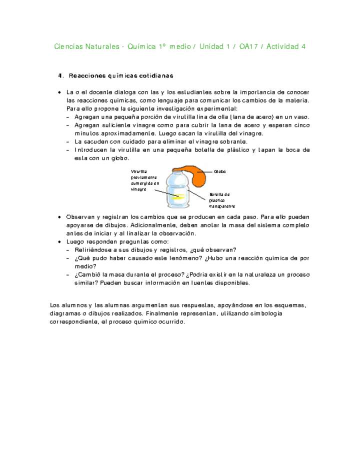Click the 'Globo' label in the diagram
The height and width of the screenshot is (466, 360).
pyautogui.click(x=220, y=171)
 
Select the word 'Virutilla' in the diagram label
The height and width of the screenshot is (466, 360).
pyautogui.click(x=139, y=171)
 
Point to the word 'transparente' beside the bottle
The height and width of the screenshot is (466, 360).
pyautogui.click(x=222, y=206)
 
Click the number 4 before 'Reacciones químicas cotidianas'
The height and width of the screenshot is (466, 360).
pyautogui.click(x=60, y=76)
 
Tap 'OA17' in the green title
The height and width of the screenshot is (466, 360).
pyautogui.click(x=249, y=47)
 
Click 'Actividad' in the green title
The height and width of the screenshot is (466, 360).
pyautogui.click(x=282, y=47)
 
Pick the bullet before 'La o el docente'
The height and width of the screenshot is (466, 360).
pyautogui.click(x=59, y=92)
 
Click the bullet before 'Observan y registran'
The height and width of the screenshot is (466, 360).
pyautogui.click(x=59, y=217)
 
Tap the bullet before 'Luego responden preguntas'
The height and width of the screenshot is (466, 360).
pyautogui.click(x=59, y=241)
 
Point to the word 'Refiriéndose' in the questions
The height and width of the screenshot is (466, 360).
pyautogui.click(x=92, y=250)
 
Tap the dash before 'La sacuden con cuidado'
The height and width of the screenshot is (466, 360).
pyautogui.click(x=68, y=142)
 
